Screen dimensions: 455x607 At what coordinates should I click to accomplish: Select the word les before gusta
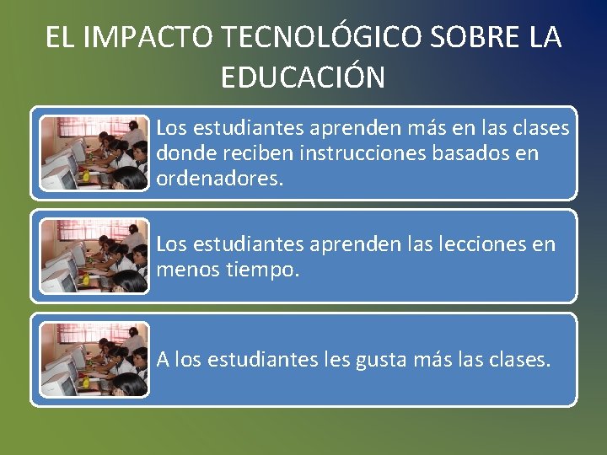coord(334,360)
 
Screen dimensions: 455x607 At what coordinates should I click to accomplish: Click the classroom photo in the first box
coord(94,153)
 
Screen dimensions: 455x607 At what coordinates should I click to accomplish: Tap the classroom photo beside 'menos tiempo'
coord(94,256)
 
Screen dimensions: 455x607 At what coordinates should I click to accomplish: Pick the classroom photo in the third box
coord(94,360)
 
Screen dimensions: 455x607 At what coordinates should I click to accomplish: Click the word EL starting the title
coord(59,38)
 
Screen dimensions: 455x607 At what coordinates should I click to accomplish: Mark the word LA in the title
coord(545,38)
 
